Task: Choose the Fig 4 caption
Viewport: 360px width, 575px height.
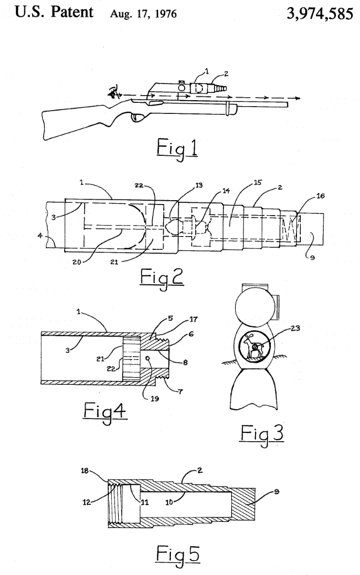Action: coord(105,412)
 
